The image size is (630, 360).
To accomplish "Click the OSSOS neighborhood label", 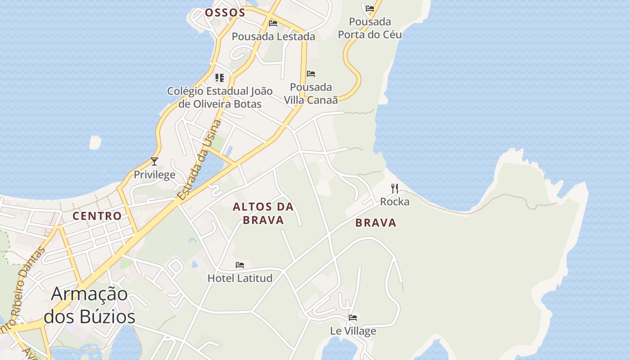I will (x=225, y=13).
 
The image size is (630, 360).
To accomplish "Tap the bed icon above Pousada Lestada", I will (x=273, y=23).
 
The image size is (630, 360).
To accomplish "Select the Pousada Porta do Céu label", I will (x=370, y=28).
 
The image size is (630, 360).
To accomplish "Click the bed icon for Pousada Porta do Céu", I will (x=370, y=8).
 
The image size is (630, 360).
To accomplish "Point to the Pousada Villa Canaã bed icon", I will (x=311, y=74).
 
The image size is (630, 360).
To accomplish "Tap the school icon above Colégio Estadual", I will (x=220, y=78).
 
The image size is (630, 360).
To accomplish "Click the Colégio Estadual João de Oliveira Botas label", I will (x=220, y=97).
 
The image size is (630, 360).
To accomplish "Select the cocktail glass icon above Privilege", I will (x=154, y=161).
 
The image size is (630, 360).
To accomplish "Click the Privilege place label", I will (x=154, y=175).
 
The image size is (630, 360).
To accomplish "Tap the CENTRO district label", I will (x=97, y=216).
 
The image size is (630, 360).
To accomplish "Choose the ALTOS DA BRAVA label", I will (x=263, y=213).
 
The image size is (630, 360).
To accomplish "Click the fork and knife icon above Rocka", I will (x=395, y=188).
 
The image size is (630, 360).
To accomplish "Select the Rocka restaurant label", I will (x=395, y=202).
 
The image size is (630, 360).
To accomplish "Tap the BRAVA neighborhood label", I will (x=376, y=223).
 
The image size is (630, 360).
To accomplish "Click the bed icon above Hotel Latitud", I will (x=240, y=265).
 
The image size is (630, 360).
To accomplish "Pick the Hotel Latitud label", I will (x=240, y=278).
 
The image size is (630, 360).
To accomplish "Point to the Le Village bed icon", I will (x=353, y=318).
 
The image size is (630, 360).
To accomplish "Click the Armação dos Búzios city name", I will (x=90, y=305).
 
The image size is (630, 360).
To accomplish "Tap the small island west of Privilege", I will (x=95, y=142).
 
